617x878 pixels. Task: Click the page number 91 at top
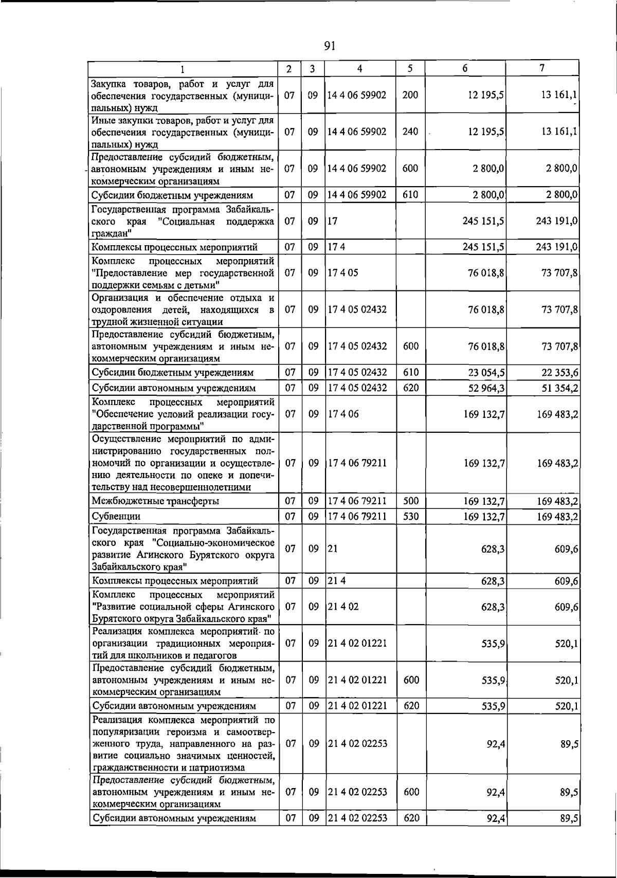click(x=330, y=46)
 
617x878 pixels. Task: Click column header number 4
click(x=359, y=68)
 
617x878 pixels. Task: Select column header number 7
click(x=542, y=68)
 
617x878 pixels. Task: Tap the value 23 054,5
click(x=483, y=373)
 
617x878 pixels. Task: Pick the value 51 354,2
click(x=557, y=388)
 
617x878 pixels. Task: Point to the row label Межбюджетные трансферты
click(x=155, y=501)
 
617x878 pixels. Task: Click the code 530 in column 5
click(x=411, y=516)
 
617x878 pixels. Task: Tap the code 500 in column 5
click(x=411, y=501)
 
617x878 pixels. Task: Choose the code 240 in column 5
click(x=410, y=132)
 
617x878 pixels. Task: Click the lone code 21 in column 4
click(x=333, y=548)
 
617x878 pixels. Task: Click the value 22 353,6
click(x=557, y=373)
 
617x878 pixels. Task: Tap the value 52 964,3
click(x=483, y=388)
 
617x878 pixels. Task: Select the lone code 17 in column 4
click(x=333, y=221)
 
